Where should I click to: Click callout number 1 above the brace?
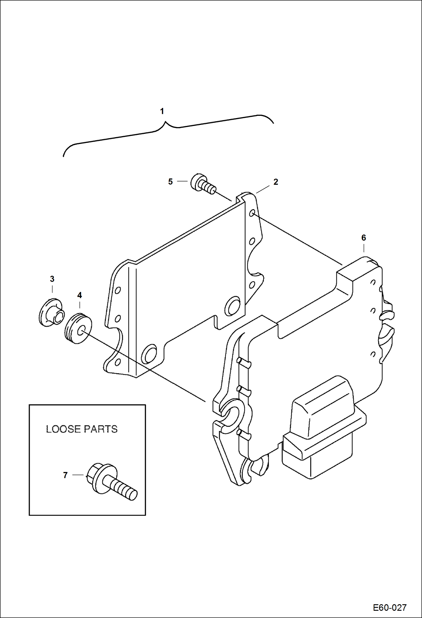point(162,111)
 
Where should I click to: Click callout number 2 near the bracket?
point(276,182)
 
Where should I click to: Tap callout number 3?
point(52,279)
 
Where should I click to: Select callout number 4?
point(79,295)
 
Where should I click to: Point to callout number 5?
point(170,182)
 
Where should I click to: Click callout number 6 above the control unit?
point(363,238)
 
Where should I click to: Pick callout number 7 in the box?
point(65,475)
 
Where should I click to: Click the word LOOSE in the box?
point(63,429)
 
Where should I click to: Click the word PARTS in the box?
point(100,429)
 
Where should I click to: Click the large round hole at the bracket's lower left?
point(149,353)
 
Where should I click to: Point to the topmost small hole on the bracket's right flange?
point(252,213)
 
